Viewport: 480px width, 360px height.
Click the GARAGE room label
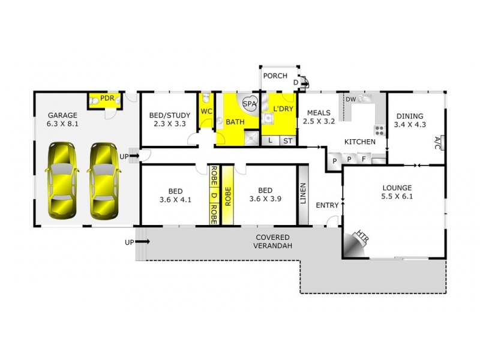pos(62,116)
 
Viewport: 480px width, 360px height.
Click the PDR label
pos(108,98)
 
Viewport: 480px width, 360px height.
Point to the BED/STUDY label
pos(169,116)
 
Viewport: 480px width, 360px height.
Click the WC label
pos(206,111)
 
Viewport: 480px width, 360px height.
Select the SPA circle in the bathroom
pos(250,104)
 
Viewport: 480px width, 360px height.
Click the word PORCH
pos(275,76)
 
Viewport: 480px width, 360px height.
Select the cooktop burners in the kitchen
pos(379,129)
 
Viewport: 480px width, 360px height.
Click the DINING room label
pos(409,116)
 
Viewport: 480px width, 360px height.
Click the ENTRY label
pos(328,206)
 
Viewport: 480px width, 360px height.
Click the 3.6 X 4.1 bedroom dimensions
pos(175,200)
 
